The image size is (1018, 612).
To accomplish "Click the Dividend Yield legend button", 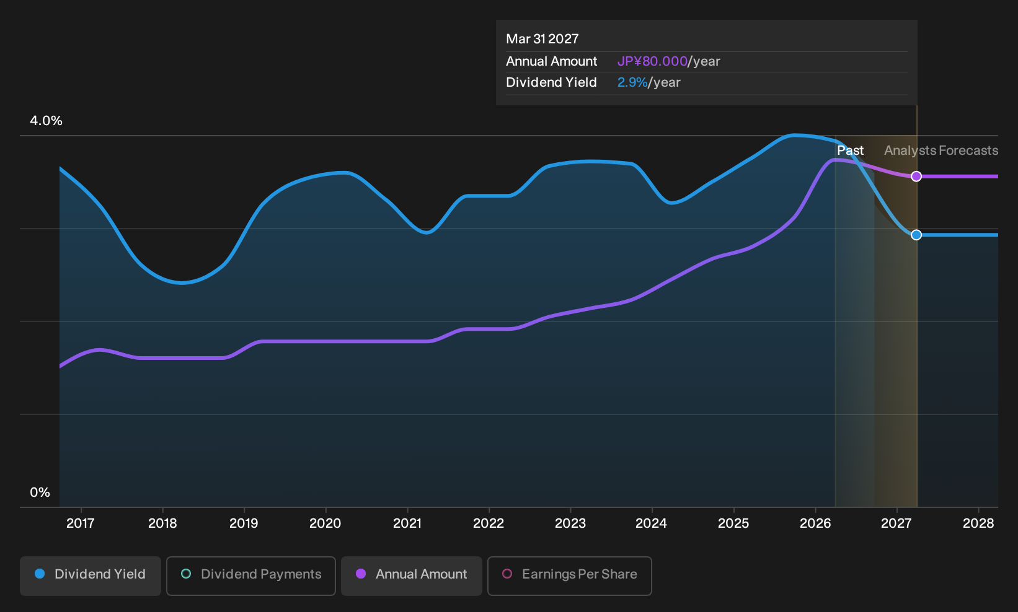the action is (91, 575).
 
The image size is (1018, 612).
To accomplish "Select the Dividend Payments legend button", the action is (251, 575).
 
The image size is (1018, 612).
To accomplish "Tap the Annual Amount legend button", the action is (411, 575).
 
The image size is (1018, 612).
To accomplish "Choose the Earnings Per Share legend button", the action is (569, 575).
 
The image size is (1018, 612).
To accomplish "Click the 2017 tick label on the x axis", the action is (81, 523).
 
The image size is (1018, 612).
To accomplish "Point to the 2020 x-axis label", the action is (325, 523).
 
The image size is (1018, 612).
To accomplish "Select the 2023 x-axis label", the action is (570, 523).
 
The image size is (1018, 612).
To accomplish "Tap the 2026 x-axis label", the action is (815, 523).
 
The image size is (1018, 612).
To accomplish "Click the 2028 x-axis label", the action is (978, 523).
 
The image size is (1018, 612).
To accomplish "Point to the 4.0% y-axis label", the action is (46, 121).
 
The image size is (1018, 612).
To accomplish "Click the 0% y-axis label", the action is (40, 492).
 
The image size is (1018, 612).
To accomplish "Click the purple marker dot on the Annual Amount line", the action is (916, 176).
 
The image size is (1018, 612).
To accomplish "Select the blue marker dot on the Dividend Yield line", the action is (916, 235).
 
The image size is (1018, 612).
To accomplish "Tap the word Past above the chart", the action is (851, 151).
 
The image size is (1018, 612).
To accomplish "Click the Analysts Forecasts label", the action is (941, 151).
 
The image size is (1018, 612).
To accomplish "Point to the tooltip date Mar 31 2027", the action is (542, 39).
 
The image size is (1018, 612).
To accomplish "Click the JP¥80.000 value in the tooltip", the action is (652, 61).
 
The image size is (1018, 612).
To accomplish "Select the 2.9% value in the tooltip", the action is (632, 82).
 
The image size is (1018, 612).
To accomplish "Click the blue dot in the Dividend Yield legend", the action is (40, 574).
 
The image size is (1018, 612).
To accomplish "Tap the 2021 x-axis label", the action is (407, 523).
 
